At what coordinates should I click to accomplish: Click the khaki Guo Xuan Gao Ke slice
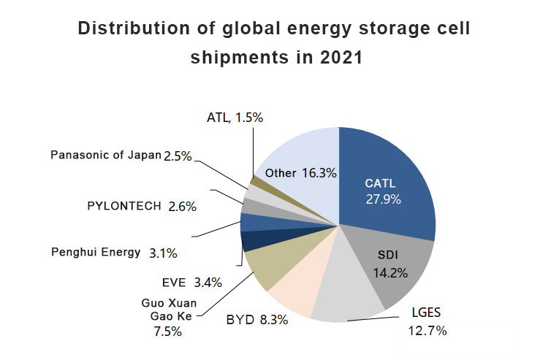(265, 267)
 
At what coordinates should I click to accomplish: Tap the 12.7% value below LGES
(427, 330)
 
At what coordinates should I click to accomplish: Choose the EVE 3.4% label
(191, 282)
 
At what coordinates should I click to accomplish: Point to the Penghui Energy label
(96, 253)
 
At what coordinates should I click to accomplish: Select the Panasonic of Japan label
(105, 155)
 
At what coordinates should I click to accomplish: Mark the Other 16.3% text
(300, 173)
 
